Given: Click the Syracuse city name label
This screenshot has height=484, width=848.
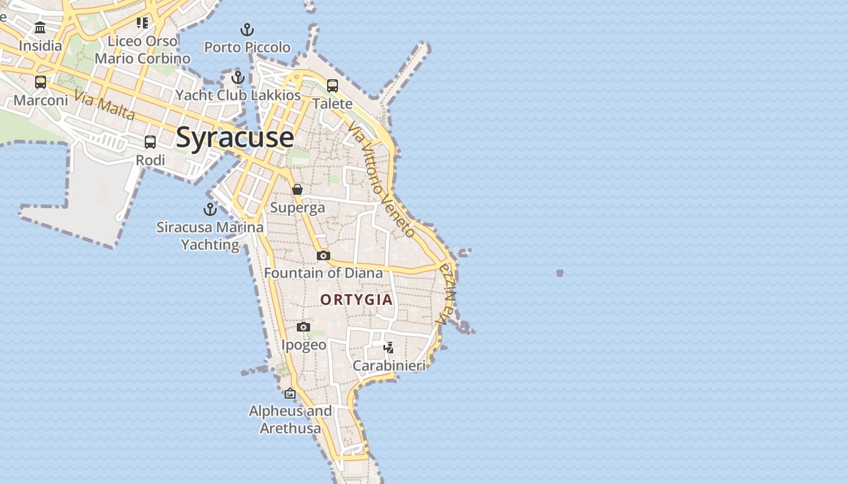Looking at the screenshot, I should [235, 138].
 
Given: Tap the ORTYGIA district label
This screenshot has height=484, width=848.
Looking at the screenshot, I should [356, 300].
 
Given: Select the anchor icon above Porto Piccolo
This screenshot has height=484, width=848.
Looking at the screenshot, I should [247, 29].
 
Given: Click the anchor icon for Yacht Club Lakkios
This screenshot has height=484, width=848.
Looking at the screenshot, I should [238, 77].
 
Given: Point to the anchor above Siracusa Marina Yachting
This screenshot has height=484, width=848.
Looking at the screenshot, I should [210, 209].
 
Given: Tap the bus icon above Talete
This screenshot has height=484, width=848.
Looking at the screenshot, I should [333, 86].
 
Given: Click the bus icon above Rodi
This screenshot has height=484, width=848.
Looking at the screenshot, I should [150, 142].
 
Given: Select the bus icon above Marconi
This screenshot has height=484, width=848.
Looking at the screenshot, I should [41, 82].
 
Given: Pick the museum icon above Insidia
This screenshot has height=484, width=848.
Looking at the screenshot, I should [41, 28].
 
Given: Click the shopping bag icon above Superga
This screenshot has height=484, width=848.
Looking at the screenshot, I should [297, 189].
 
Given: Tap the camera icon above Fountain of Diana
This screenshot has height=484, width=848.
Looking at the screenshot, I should [323, 255].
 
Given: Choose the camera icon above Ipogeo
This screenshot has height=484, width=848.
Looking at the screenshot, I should [303, 327].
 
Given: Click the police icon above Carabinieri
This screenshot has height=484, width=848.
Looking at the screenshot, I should [389, 347].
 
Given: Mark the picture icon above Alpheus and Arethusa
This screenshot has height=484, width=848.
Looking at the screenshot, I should [290, 393].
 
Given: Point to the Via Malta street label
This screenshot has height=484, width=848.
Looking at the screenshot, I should [105, 105].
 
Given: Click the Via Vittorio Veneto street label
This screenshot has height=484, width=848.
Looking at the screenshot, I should [382, 179].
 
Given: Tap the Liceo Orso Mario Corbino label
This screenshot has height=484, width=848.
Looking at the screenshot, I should [142, 50].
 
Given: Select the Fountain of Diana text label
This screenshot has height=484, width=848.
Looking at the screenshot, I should [323, 273].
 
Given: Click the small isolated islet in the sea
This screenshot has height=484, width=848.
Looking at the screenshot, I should [560, 273].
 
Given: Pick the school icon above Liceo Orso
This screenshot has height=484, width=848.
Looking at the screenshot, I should [142, 23].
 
